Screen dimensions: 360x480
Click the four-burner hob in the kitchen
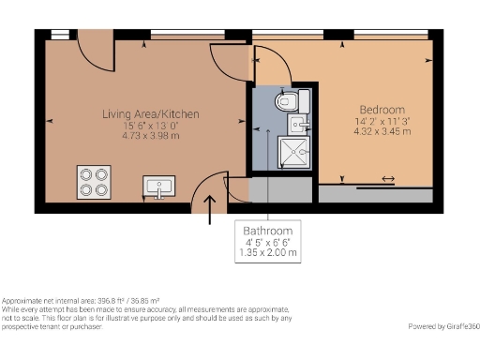pyautogui.click(x=95, y=181)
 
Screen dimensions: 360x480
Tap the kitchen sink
pyautogui.click(x=157, y=187)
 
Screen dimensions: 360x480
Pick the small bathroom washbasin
pyautogui.click(x=300, y=124)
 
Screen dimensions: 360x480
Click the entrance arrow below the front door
pyautogui.click(x=209, y=209)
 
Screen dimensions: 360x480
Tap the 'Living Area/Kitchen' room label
pyautogui.click(x=150, y=113)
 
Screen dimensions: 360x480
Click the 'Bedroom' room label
pyautogui.click(x=382, y=109)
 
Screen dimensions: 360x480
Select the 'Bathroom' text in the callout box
pyautogui.click(x=268, y=232)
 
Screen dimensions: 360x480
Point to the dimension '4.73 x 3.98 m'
pyautogui.click(x=150, y=135)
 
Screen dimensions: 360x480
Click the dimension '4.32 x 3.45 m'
pyautogui.click(x=382, y=130)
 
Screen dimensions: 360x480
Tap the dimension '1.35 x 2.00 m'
pyautogui.click(x=268, y=253)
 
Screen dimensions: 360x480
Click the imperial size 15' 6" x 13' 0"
pyautogui.click(x=150, y=125)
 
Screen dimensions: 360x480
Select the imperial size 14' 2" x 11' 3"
pyautogui.click(x=382, y=120)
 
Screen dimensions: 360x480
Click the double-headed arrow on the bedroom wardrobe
pyautogui.click(x=387, y=180)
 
